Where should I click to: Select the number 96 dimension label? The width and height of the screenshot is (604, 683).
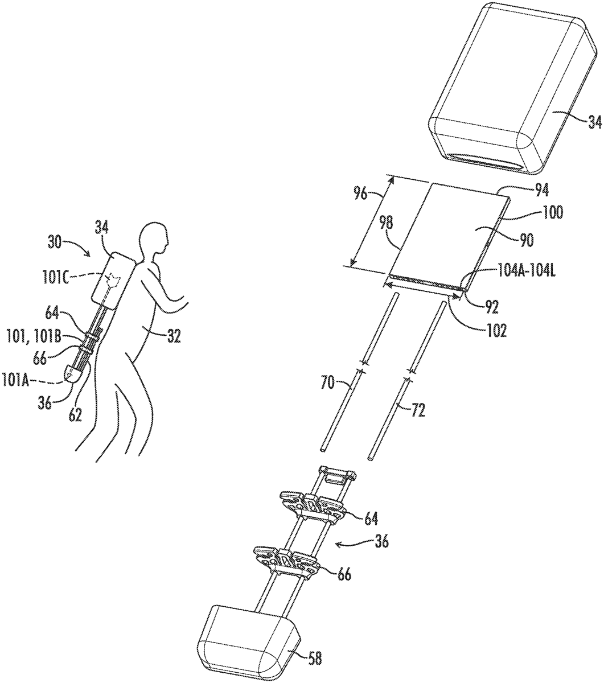click(360, 194)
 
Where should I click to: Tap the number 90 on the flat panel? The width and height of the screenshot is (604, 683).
click(525, 240)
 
